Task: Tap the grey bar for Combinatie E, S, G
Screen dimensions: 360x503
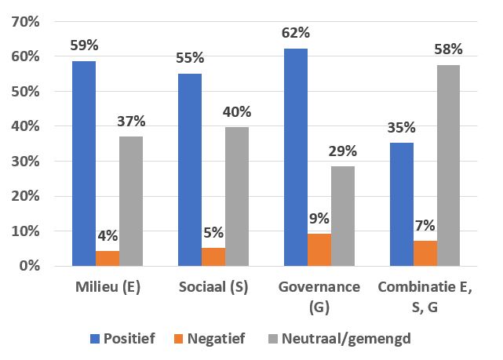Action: click(448, 165)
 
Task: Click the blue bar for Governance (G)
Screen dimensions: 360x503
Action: click(294, 157)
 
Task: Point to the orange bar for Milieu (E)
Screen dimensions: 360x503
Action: click(108, 258)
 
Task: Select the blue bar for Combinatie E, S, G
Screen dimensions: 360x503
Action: click(401, 204)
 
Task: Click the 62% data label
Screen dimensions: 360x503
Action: click(295, 33)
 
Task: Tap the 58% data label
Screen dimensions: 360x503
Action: click(448, 49)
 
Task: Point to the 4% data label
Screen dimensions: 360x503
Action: click(108, 235)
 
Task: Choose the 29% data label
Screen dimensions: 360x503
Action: click(342, 151)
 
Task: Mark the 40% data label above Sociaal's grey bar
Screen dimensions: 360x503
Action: click(237, 111)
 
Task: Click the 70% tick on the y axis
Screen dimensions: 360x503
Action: click(25, 21)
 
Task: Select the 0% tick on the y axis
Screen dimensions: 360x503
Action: click(29, 266)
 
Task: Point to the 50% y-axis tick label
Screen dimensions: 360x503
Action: click(25, 91)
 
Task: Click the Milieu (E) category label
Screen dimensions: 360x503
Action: click(107, 287)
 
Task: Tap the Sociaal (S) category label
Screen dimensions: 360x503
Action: click(213, 287)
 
